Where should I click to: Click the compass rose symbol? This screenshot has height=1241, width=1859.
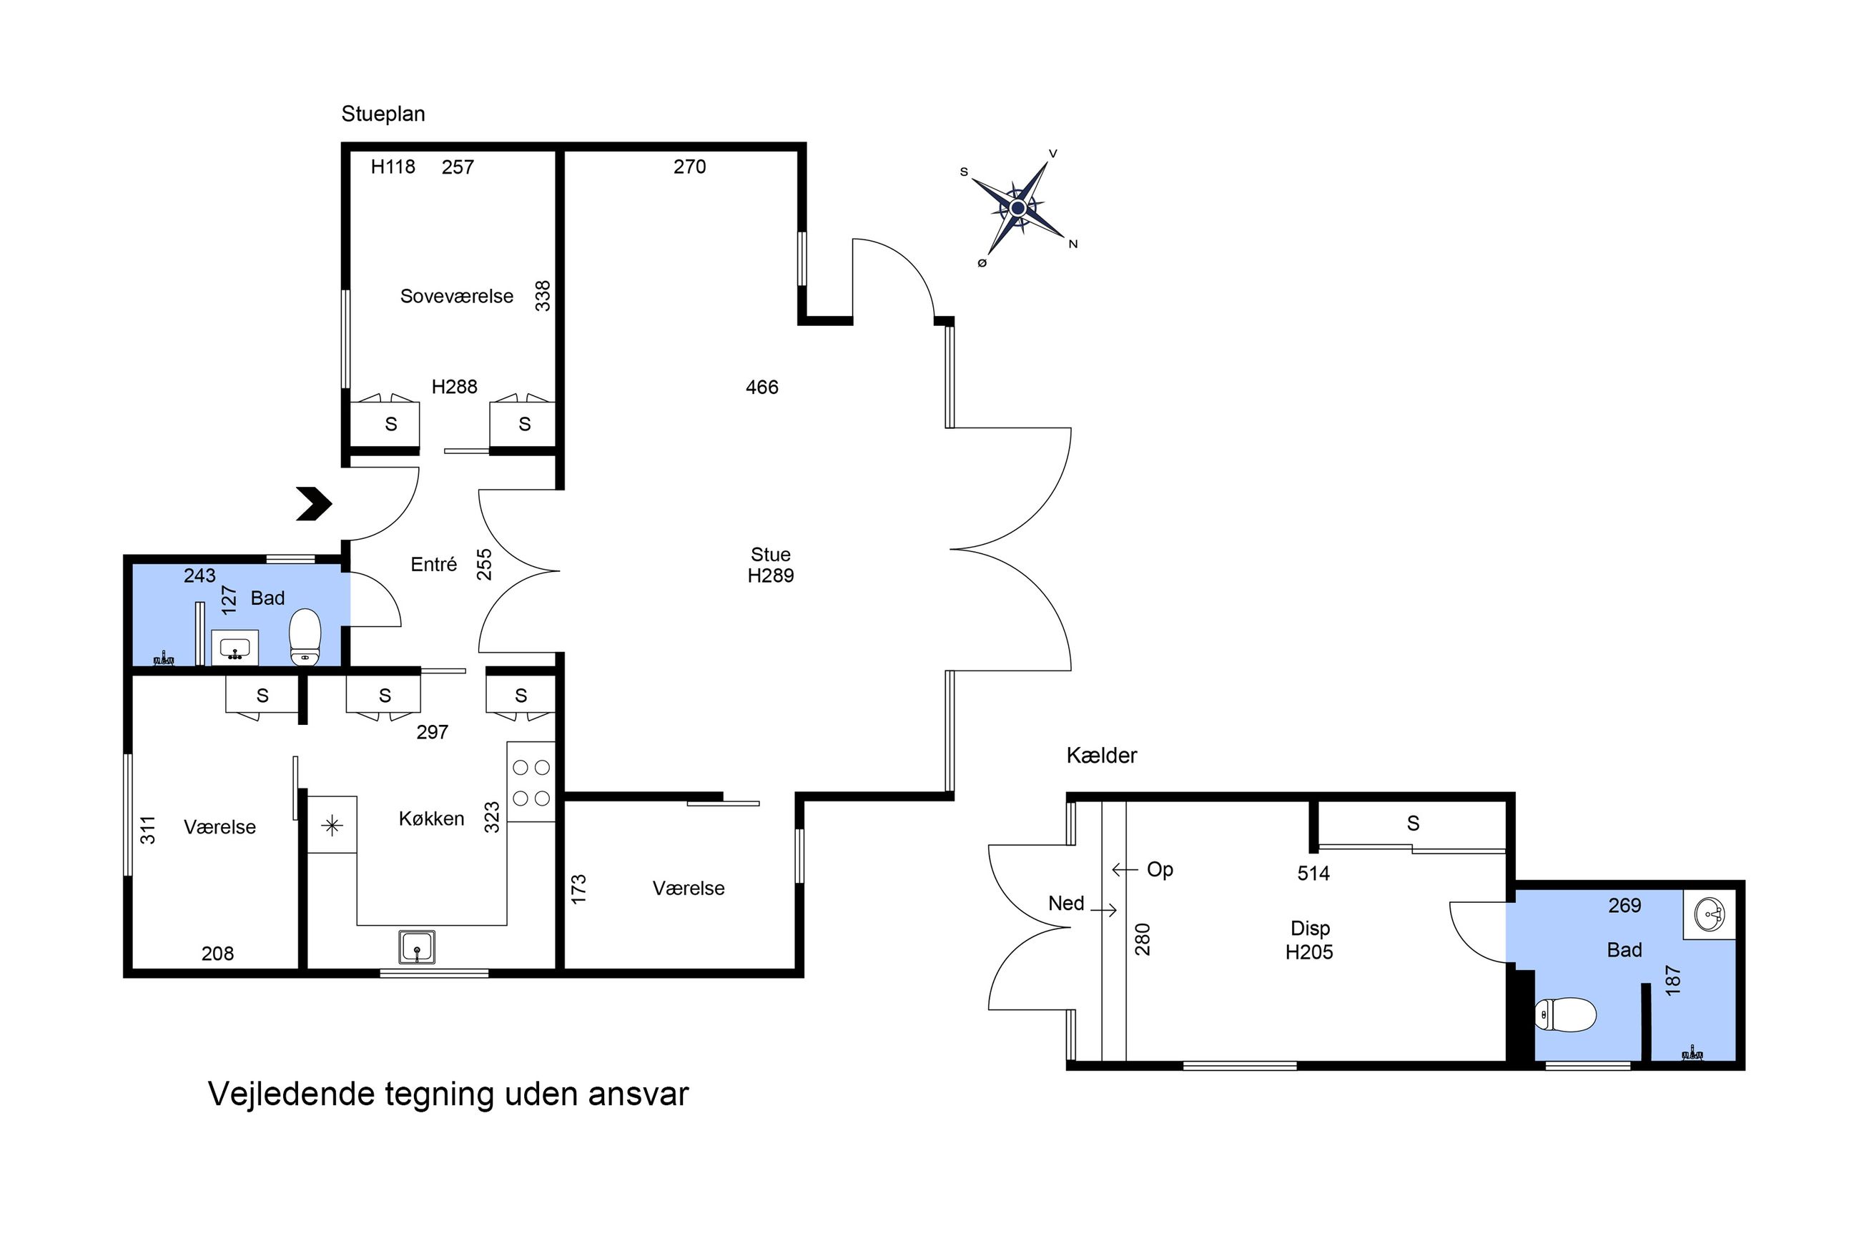(x=1017, y=208)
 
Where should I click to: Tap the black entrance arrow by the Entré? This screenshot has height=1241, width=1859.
(x=314, y=503)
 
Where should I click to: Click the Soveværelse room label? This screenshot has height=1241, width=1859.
(x=457, y=296)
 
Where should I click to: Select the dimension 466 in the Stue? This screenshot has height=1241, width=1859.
(x=761, y=387)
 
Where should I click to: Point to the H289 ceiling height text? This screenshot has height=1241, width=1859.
(x=770, y=575)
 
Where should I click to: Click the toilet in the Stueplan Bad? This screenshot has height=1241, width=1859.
(x=305, y=636)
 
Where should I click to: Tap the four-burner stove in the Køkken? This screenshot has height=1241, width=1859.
(x=531, y=782)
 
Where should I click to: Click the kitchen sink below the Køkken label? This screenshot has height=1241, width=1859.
(x=416, y=946)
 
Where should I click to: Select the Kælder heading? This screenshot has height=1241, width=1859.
(x=1101, y=755)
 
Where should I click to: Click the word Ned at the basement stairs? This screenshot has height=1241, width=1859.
(x=1065, y=903)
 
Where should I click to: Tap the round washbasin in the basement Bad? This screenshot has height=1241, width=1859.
(x=1710, y=915)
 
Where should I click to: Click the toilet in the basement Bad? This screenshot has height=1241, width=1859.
(x=1564, y=1014)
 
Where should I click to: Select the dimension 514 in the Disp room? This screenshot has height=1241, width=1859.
(x=1313, y=873)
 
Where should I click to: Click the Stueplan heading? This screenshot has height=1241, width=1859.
(x=383, y=114)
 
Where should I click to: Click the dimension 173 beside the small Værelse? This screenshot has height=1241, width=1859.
(x=578, y=889)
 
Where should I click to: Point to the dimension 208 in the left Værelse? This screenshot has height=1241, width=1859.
(x=217, y=954)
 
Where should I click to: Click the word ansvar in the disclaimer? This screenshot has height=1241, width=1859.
(x=637, y=1094)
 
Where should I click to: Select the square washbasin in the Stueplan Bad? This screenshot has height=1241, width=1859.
(x=235, y=648)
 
